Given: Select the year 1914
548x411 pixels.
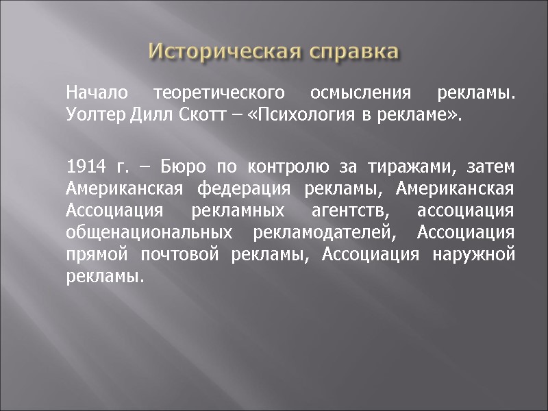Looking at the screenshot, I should click(x=84, y=167).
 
